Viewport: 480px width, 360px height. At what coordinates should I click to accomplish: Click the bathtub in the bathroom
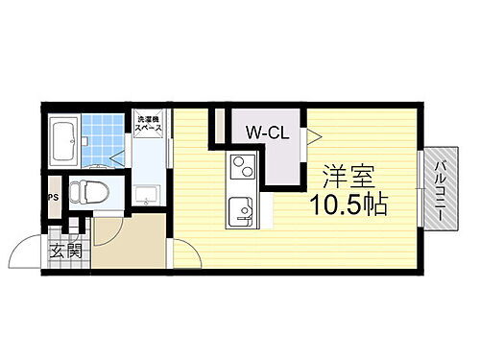click(65, 141)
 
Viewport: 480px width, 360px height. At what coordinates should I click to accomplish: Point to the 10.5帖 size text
click(347, 204)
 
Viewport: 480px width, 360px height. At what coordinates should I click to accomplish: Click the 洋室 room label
click(347, 178)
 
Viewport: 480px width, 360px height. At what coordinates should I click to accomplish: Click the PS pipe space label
click(52, 201)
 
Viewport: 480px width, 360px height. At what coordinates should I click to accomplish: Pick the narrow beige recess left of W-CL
click(219, 128)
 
